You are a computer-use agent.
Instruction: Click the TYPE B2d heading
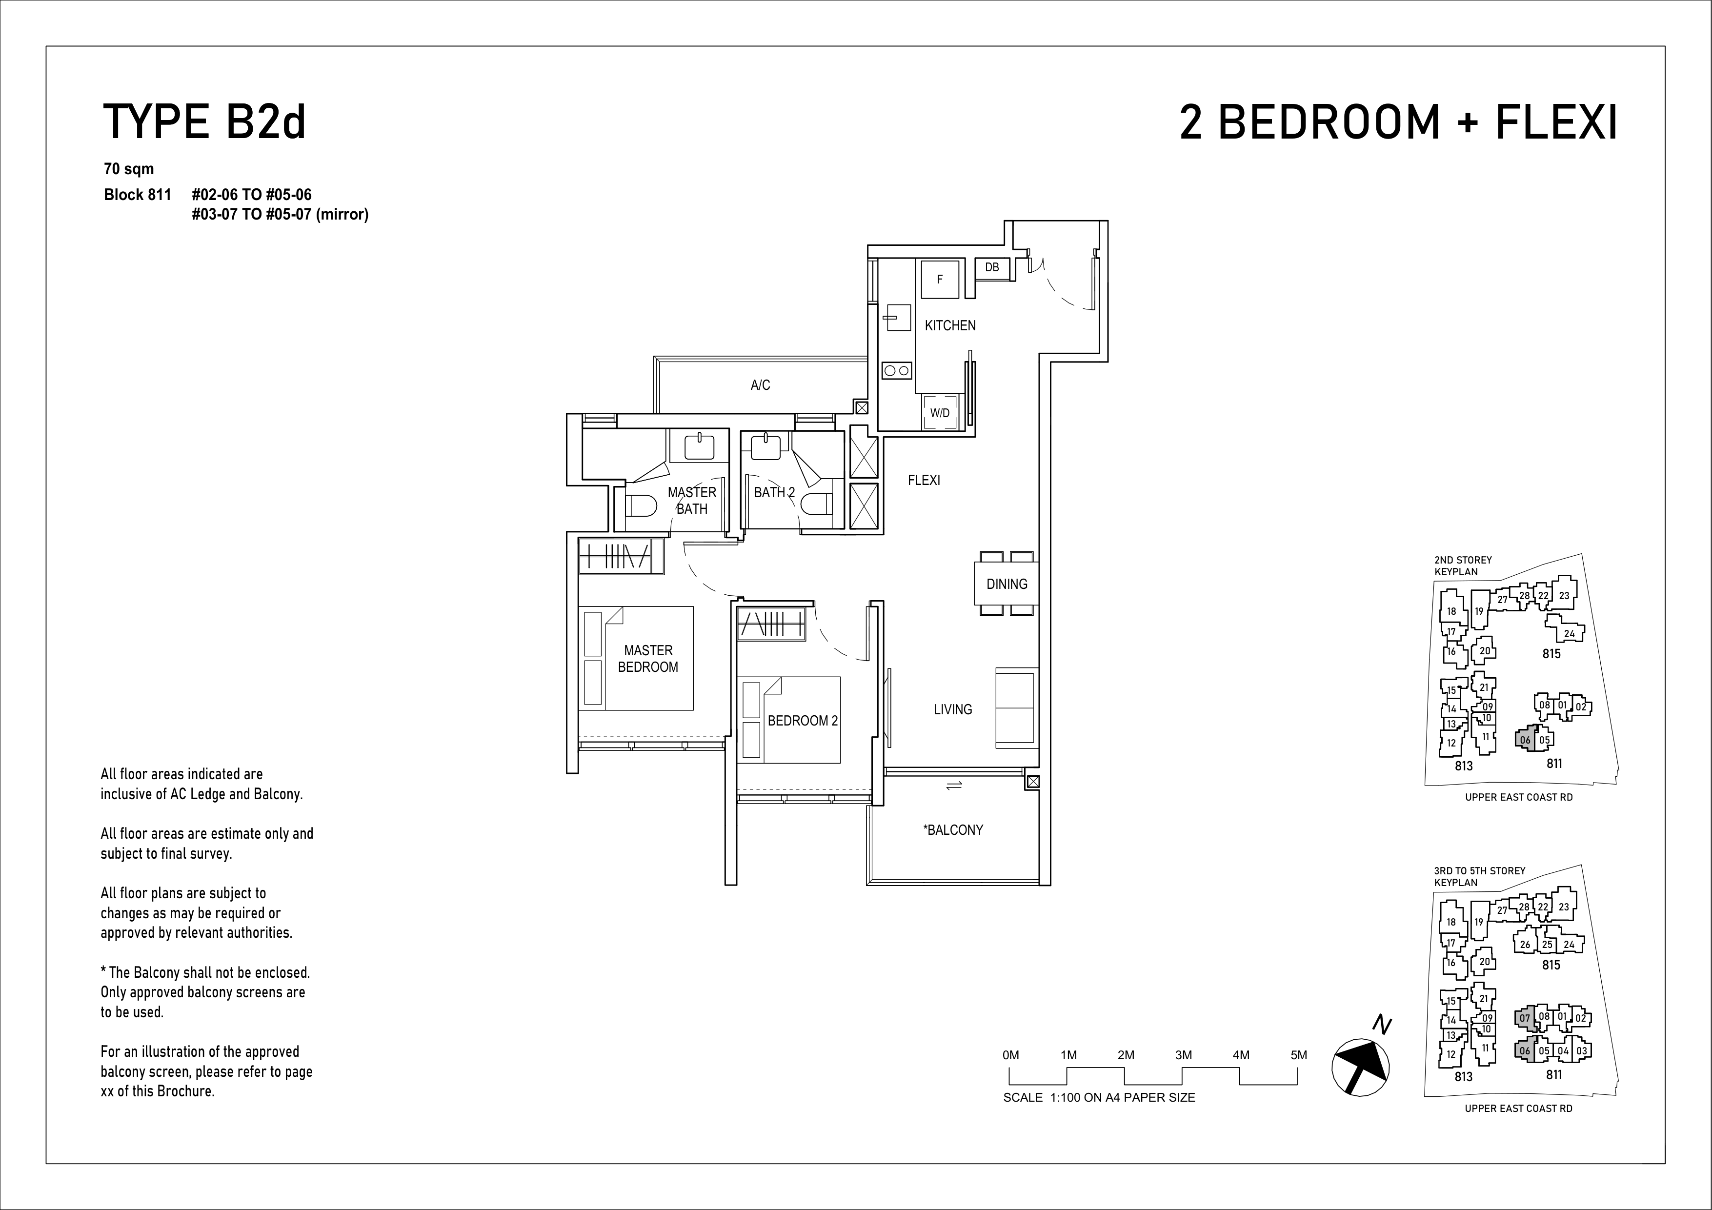pyautogui.click(x=204, y=123)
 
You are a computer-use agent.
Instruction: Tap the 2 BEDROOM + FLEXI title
pyautogui.click(x=1399, y=123)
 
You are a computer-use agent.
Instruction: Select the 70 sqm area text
pyautogui.click(x=129, y=169)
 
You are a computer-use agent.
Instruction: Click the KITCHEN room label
pyautogui.click(x=950, y=326)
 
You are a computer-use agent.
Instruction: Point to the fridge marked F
pyautogui.click(x=940, y=280)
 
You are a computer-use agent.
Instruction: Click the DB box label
pyautogui.click(x=992, y=267)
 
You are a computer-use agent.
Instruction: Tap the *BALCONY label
pyautogui.click(x=953, y=830)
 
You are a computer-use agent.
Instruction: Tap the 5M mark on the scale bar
pyautogui.click(x=1298, y=1055)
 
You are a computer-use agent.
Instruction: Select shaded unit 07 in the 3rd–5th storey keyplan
pyautogui.click(x=1525, y=1018)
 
